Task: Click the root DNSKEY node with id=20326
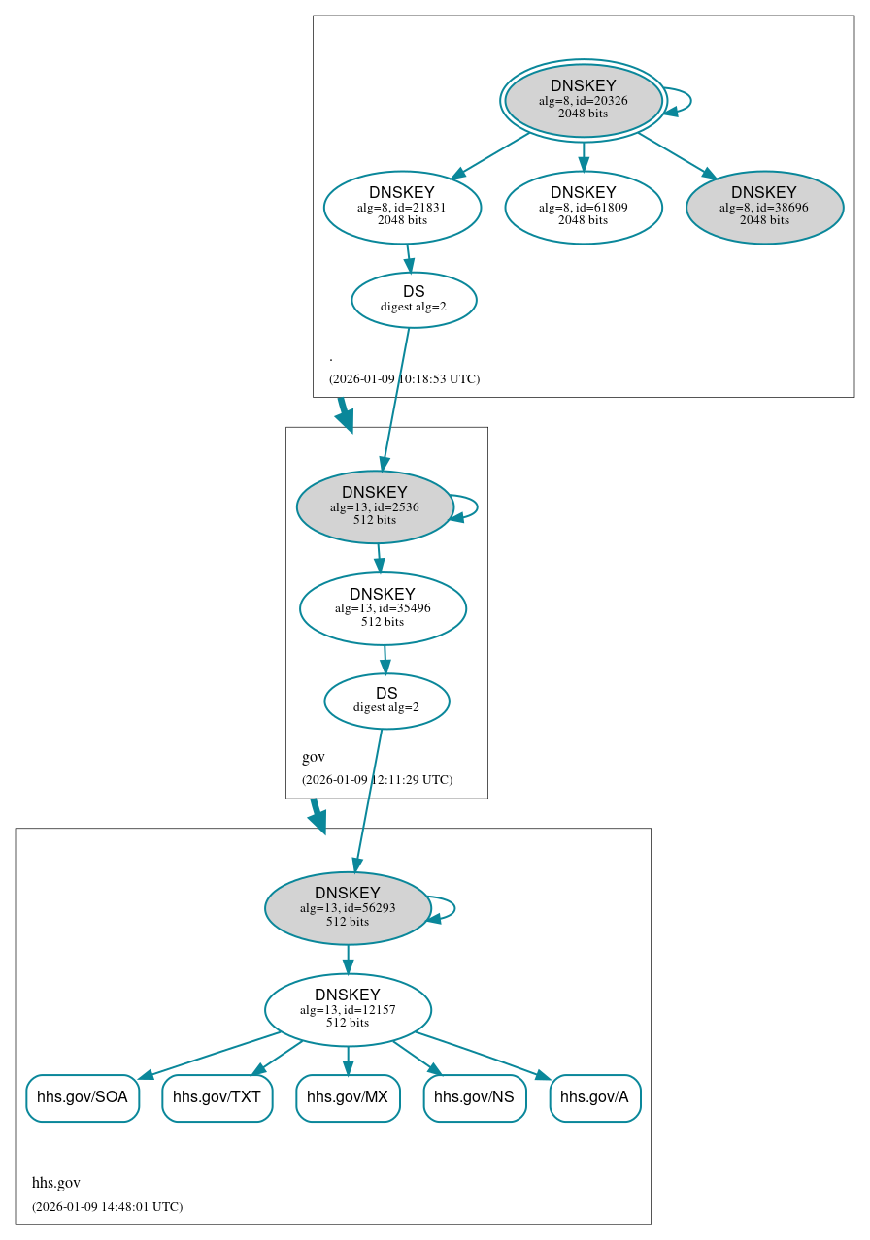[583, 100]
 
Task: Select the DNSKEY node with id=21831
[402, 207]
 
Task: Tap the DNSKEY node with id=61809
[583, 207]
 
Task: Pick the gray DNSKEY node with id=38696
[764, 207]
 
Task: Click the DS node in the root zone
[414, 300]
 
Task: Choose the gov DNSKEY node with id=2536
[375, 506]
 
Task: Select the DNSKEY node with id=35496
[383, 608]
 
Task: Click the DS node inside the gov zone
[386, 701]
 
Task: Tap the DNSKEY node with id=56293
[348, 908]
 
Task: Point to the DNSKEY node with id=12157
[348, 1010]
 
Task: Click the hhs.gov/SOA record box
[83, 1097]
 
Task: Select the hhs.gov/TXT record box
[217, 1097]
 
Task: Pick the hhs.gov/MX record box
[348, 1097]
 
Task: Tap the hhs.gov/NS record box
[474, 1097]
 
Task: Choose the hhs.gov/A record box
[594, 1097]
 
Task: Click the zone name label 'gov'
[314, 757]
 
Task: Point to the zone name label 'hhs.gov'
[56, 1182]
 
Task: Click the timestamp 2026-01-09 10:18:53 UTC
[404, 378]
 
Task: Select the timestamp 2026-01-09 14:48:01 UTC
[107, 1206]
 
